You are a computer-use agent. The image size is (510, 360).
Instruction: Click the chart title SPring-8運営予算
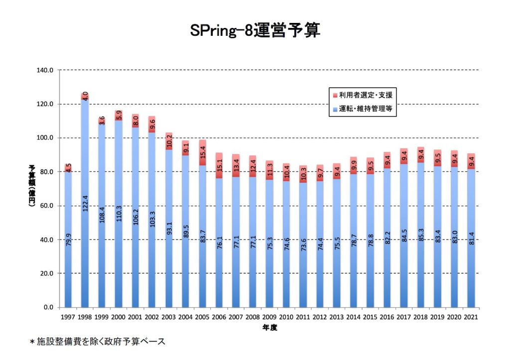pos(255,30)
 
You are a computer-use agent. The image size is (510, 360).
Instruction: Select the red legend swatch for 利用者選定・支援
pos(335,96)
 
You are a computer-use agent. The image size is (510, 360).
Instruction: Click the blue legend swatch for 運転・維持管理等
pos(335,109)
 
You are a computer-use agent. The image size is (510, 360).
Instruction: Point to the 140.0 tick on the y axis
pos(45,70)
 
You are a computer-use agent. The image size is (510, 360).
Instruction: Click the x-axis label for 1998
pos(85,317)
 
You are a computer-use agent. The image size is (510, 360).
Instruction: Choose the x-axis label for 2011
pos(303,317)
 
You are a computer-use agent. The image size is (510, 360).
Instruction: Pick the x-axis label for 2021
pos(471,317)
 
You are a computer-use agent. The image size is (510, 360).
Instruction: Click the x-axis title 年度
pos(269,328)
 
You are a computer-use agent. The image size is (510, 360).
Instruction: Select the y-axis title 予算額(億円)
pos(32,186)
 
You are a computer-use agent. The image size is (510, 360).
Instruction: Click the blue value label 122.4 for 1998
pos(85,203)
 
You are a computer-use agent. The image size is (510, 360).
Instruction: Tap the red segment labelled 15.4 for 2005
pos(202,153)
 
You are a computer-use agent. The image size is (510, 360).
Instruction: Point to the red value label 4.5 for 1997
pos(68,168)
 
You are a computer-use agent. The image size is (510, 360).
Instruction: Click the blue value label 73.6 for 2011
pos(303,244)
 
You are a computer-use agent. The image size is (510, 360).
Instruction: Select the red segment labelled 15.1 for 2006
pos(219,165)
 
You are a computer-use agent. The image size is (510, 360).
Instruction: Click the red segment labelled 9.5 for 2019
pos(437,158)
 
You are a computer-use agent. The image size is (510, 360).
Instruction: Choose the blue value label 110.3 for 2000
pos(119,214)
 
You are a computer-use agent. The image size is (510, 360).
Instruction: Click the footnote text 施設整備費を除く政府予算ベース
pos(101,342)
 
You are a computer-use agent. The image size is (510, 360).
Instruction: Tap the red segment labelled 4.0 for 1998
pos(85,97)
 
